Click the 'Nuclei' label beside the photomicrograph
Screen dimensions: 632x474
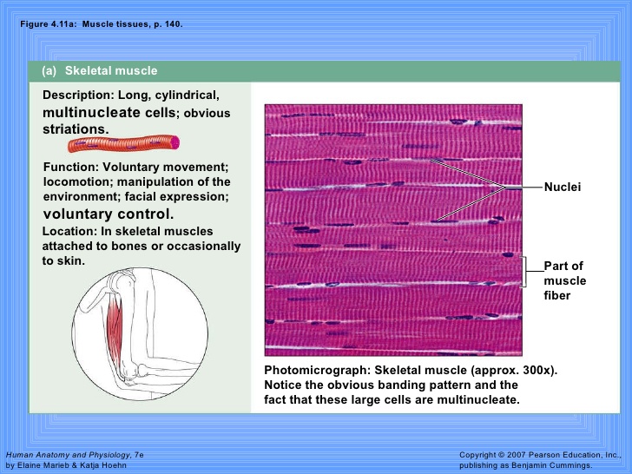(563, 187)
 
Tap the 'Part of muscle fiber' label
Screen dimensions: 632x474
(564, 280)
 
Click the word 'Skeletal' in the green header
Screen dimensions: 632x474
(87, 70)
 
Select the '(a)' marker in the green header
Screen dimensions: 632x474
(49, 71)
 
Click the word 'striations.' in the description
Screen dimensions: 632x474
(76, 129)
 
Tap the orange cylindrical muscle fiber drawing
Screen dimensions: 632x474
(124, 143)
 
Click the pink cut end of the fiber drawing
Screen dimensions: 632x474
(175, 142)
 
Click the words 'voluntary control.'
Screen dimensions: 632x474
(109, 214)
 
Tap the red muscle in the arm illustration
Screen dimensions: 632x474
(114, 328)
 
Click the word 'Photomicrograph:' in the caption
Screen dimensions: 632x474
(317, 371)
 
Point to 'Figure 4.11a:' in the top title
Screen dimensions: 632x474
(48, 24)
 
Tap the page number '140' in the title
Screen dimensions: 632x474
(172, 24)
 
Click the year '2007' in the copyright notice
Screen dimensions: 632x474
(517, 455)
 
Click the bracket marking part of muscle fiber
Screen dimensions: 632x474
(524, 272)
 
